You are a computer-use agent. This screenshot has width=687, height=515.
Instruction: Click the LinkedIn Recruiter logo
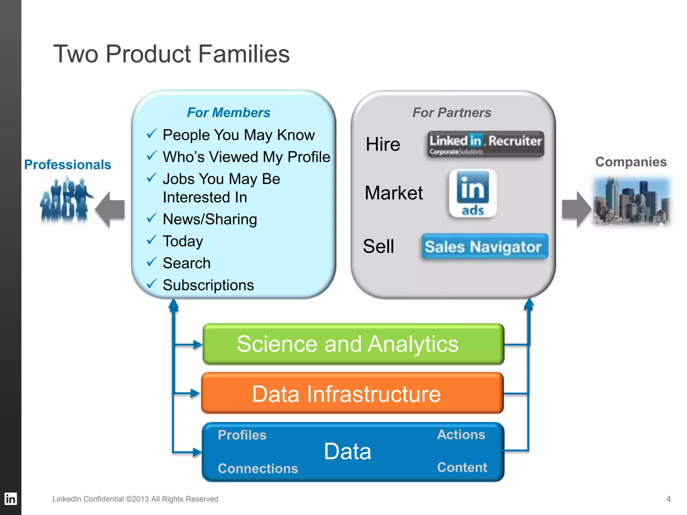485,144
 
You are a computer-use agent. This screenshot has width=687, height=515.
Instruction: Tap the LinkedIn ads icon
473,193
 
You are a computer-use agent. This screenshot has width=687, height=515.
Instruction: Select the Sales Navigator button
484,247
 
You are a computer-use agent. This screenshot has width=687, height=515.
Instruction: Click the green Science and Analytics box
353,344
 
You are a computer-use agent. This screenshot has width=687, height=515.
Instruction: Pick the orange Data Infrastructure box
352,393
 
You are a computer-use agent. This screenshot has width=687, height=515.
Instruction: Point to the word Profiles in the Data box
242,435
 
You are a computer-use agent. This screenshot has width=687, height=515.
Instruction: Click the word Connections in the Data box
258,468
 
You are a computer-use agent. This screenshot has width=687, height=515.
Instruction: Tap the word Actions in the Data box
461,435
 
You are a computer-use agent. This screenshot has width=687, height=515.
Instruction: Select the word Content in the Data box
462,467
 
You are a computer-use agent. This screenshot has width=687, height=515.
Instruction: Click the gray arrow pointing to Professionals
111,210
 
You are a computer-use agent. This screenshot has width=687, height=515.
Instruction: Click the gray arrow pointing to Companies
576,209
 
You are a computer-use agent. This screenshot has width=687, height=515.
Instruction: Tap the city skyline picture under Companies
631,201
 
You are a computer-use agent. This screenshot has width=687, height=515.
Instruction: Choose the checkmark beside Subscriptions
152,284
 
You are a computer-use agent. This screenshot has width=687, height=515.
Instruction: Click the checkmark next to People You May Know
152,134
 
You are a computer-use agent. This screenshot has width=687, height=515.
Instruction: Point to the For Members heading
228,113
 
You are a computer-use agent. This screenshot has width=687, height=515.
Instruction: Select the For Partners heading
452,113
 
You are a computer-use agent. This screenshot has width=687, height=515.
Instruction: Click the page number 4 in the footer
668,499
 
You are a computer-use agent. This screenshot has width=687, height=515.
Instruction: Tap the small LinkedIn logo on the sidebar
10,499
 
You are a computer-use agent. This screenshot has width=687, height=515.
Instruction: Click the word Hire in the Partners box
383,145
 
